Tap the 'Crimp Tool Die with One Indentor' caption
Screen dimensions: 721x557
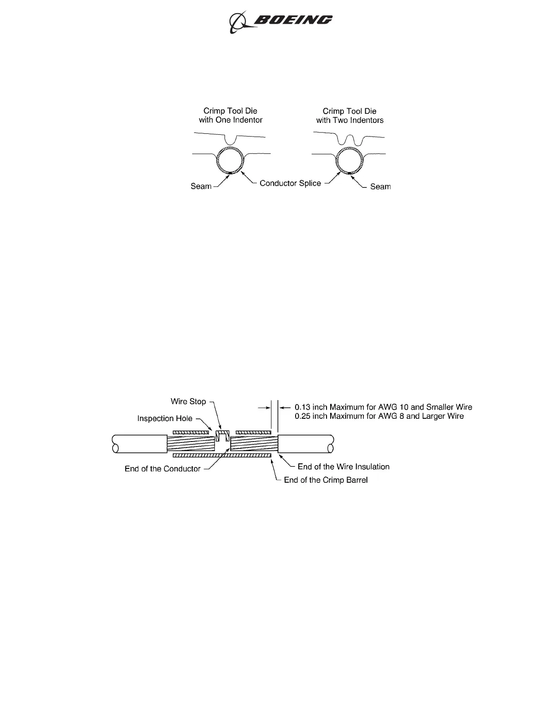point(230,116)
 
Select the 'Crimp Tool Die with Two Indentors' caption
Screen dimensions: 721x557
point(350,116)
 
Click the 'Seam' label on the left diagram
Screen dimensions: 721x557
point(201,186)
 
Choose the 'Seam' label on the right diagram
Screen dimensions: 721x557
point(380,187)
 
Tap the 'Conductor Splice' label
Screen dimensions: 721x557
point(290,183)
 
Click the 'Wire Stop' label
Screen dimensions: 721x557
point(188,401)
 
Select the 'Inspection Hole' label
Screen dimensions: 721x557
point(164,418)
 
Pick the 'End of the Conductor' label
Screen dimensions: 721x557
point(163,469)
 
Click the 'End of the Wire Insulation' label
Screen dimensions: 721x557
point(343,467)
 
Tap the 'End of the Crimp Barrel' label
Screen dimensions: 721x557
point(326,480)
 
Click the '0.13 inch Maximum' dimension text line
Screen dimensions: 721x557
point(383,407)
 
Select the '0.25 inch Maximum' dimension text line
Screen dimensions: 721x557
point(379,416)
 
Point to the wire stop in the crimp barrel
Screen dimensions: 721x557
point(221,436)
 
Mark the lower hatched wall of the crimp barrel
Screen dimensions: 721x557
point(222,455)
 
